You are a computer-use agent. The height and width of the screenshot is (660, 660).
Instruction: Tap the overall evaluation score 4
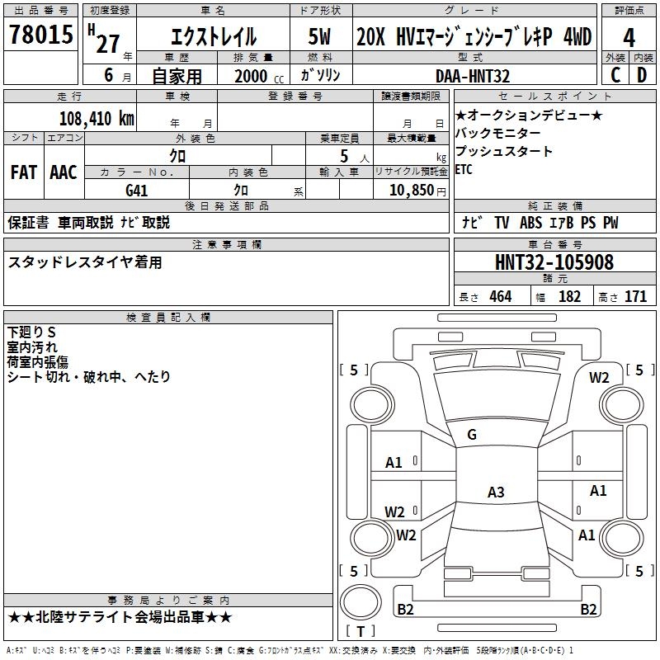pyautogui.click(x=629, y=38)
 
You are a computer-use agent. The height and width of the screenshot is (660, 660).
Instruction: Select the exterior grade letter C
pyautogui.click(x=615, y=75)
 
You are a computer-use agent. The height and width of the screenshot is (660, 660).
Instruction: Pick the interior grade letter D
pyautogui.click(x=642, y=75)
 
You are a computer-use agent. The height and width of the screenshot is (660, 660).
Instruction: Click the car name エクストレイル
pyautogui.click(x=213, y=38)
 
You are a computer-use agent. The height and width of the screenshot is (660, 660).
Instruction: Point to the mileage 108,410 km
pyautogui.click(x=97, y=118)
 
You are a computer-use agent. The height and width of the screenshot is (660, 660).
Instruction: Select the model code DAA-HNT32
pyautogui.click(x=474, y=76)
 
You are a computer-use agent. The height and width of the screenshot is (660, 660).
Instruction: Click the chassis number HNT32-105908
pyautogui.click(x=554, y=262)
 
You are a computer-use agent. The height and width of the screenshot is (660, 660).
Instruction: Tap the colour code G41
pyautogui.click(x=137, y=190)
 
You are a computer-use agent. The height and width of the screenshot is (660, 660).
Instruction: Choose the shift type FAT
pyautogui.click(x=23, y=172)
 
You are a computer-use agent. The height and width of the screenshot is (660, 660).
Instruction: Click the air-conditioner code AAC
pyautogui.click(x=64, y=172)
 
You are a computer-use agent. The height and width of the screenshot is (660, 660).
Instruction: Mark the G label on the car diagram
pyautogui.click(x=472, y=435)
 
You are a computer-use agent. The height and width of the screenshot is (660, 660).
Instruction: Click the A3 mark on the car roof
pyautogui.click(x=495, y=493)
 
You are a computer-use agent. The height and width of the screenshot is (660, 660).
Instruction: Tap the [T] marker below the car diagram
pyautogui.click(x=361, y=632)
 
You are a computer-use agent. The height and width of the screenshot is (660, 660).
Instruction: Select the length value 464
pyautogui.click(x=500, y=297)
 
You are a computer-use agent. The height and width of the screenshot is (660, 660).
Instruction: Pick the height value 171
pyautogui.click(x=635, y=297)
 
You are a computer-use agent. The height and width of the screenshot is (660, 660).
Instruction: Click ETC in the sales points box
pyautogui.click(x=464, y=169)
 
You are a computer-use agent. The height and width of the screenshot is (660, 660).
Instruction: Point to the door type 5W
pyautogui.click(x=321, y=38)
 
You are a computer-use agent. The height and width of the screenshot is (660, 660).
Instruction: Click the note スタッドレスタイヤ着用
pyautogui.click(x=85, y=262)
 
